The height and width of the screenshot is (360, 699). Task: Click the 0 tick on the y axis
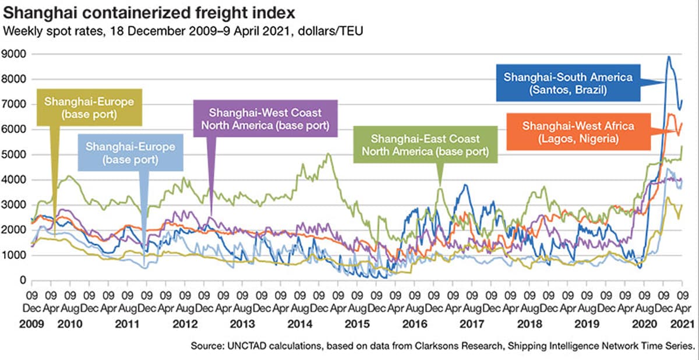(x=23, y=281)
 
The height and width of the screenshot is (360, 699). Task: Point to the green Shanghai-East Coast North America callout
(x=426, y=146)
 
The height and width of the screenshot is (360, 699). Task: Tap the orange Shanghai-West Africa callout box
(x=571, y=132)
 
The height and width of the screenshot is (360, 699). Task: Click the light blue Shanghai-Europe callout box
(x=130, y=153)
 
